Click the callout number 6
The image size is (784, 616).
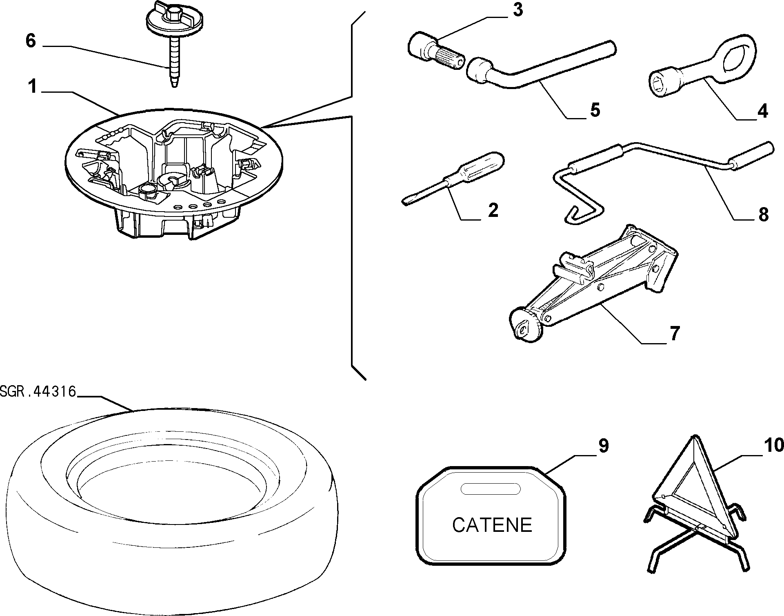[x=31, y=41]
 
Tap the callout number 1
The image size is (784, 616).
[x=33, y=87]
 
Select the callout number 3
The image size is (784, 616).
[x=517, y=10]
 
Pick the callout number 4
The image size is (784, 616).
[x=762, y=111]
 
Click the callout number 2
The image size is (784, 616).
[x=493, y=211]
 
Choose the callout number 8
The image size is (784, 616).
[x=763, y=214]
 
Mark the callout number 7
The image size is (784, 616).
[x=675, y=333]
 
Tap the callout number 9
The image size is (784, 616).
[x=604, y=446]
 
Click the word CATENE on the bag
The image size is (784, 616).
[x=492, y=525]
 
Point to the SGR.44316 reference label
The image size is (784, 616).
[x=38, y=392]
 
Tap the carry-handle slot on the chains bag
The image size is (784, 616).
[x=491, y=489]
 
